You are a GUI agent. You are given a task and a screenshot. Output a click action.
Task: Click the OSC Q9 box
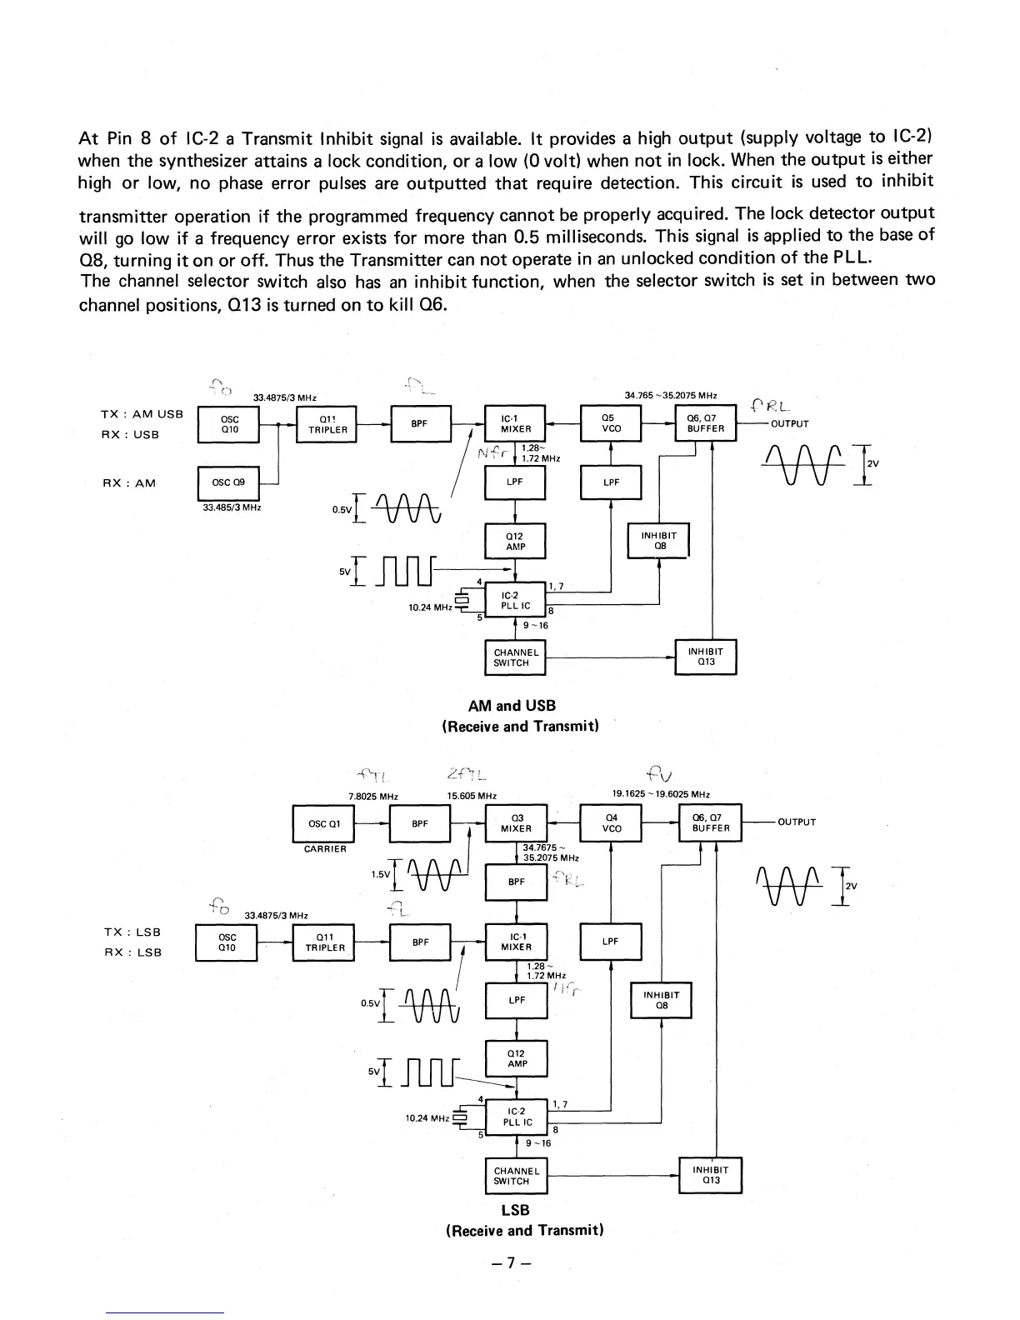point(228,482)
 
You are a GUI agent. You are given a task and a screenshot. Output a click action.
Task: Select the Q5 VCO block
point(612,423)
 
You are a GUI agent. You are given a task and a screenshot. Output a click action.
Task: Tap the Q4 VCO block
point(612,823)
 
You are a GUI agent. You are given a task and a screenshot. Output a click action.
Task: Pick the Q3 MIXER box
point(516,823)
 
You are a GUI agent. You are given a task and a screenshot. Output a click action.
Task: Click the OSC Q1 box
point(323,824)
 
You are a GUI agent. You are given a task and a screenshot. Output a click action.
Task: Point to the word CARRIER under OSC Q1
point(325,849)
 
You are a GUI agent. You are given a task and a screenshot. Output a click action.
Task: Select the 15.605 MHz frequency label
point(472,796)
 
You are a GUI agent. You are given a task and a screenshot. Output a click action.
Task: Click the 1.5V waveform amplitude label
point(380,874)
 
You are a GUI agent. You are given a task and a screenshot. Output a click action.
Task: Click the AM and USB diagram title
point(512,706)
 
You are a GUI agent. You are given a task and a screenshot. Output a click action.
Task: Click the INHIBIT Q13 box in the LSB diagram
point(711,1175)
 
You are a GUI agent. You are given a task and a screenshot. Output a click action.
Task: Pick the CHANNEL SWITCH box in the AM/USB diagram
point(515,657)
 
